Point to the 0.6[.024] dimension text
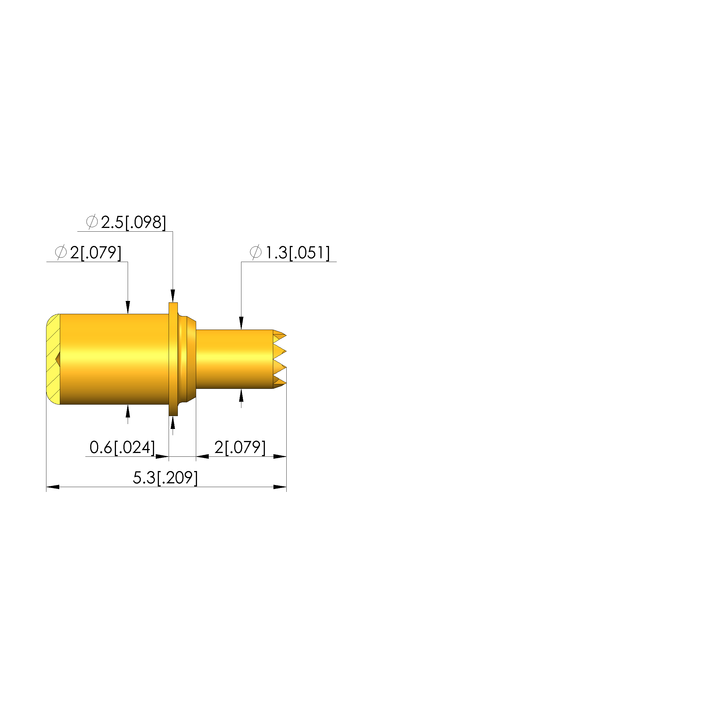click(x=122, y=448)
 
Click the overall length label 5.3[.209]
click(x=166, y=478)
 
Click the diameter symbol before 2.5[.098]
click(x=92, y=222)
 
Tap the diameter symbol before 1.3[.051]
click(x=255, y=252)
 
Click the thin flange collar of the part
click(x=173, y=359)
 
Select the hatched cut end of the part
click(x=53, y=359)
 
